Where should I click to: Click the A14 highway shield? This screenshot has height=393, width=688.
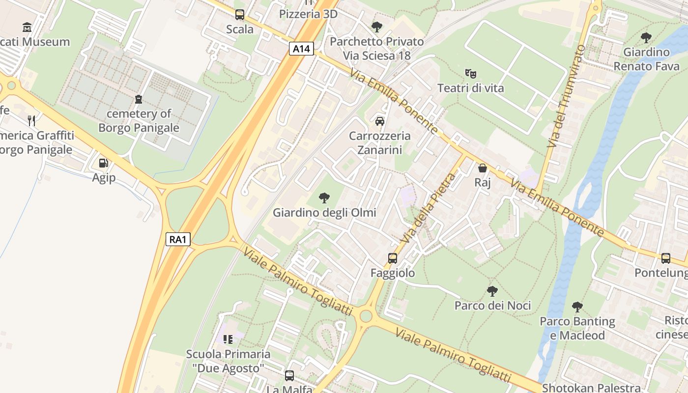[301, 49]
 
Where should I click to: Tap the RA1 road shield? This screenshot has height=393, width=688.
[178, 239]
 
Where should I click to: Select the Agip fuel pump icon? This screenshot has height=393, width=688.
[103, 163]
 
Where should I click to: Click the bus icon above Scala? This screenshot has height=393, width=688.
[240, 15]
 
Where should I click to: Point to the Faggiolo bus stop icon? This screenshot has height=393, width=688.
[392, 258]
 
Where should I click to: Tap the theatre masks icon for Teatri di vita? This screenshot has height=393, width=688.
[471, 74]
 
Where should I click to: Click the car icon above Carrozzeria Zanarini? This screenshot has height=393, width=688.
[379, 121]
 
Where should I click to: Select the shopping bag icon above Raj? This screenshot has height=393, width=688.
[483, 168]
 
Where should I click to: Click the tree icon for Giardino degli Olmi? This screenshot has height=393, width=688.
[324, 198]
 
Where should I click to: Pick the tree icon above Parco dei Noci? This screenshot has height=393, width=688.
[492, 291]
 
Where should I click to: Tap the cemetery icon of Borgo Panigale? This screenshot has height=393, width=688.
[139, 99]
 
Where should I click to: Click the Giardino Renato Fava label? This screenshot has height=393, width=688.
[646, 59]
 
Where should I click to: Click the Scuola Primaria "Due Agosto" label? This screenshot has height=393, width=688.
[228, 361]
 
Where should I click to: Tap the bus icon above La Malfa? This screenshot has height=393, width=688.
[289, 376]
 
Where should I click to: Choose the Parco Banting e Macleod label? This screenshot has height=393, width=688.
[577, 328]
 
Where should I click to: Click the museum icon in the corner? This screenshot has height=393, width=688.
[27, 27]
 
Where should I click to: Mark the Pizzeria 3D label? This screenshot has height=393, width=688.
[308, 14]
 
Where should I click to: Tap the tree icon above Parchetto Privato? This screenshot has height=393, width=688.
[376, 27]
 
